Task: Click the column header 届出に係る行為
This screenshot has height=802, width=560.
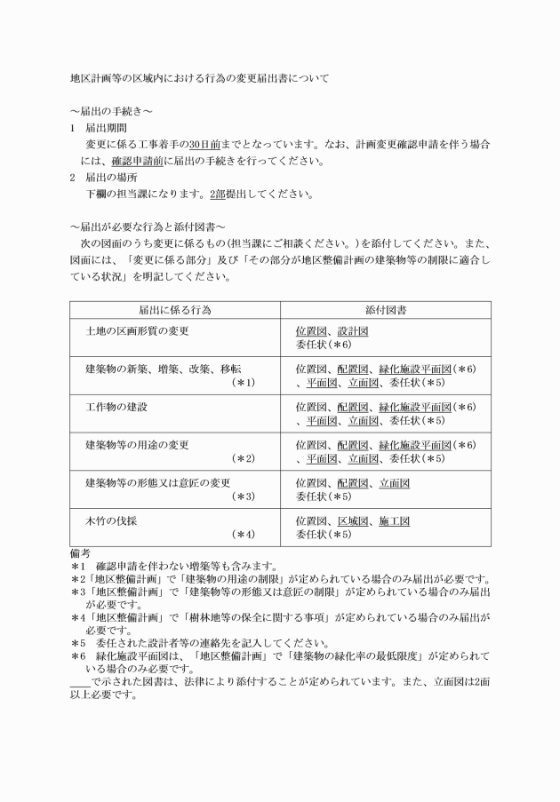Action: pyautogui.click(x=175, y=310)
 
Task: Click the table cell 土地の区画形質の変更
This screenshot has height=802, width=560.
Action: pyautogui.click(x=137, y=331)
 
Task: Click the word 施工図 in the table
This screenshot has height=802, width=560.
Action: pyautogui.click(x=393, y=520)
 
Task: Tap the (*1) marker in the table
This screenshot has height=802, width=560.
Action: pyautogui.click(x=244, y=383)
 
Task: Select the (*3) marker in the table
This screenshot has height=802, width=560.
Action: pyautogui.click(x=244, y=496)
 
